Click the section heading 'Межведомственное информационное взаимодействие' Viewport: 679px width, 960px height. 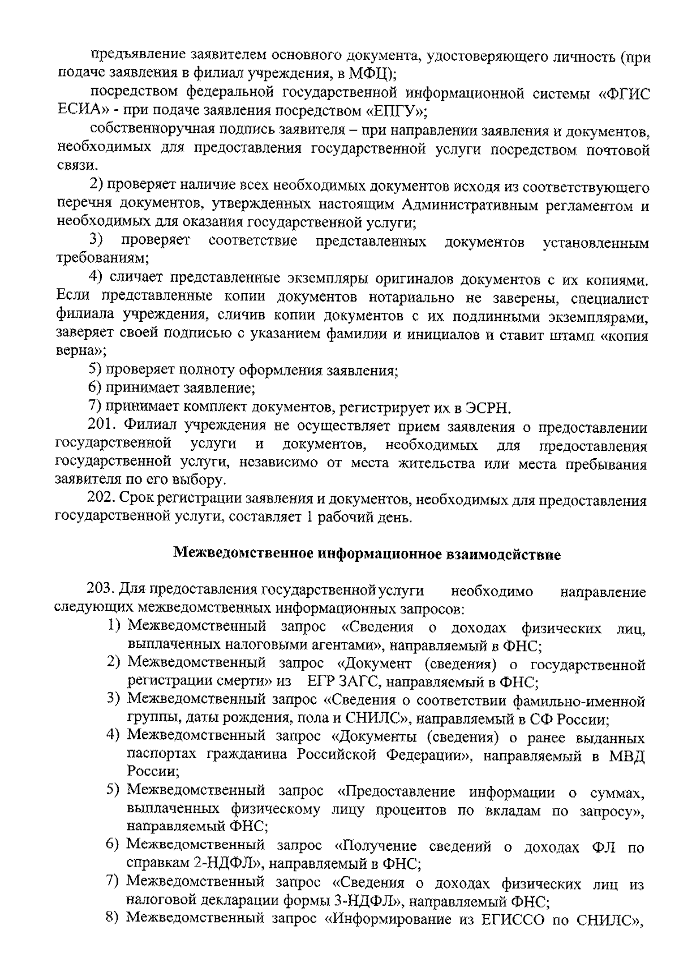coord(367,554)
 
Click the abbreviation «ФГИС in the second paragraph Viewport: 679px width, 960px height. coord(623,93)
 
